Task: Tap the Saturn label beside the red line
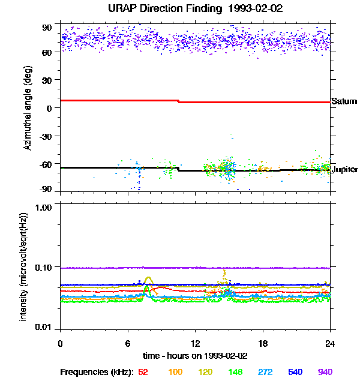click(x=344, y=101)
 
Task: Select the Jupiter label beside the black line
click(x=344, y=169)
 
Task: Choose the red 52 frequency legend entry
click(x=143, y=372)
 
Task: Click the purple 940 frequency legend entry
click(x=325, y=372)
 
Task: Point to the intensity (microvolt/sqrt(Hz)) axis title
click(x=23, y=267)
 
